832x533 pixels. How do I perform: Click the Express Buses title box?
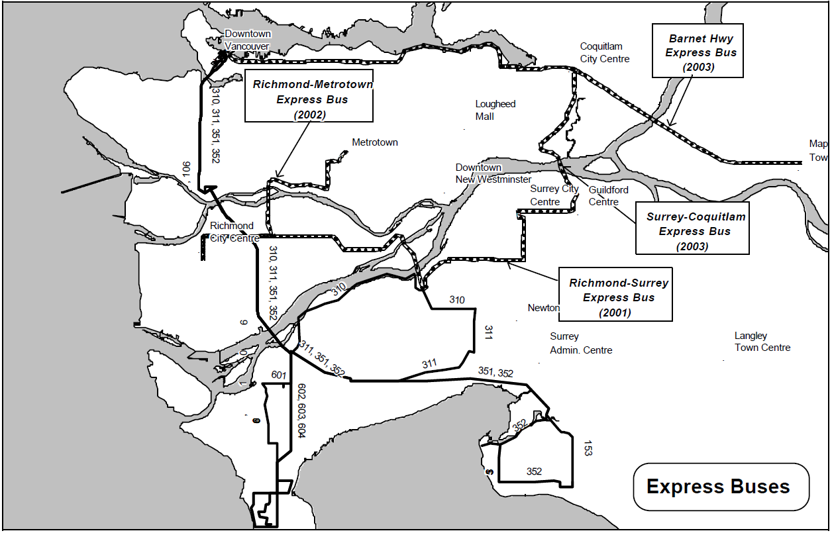click(x=721, y=487)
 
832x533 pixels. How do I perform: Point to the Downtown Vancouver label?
click(x=247, y=40)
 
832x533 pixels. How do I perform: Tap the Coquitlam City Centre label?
click(x=604, y=52)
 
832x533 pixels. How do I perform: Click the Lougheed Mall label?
click(x=495, y=110)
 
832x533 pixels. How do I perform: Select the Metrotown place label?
click(x=374, y=142)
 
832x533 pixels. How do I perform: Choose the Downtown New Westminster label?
click(x=493, y=173)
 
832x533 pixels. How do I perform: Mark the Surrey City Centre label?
click(x=554, y=195)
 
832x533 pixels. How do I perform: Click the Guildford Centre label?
click(x=608, y=196)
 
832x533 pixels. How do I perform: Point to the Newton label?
click(x=543, y=308)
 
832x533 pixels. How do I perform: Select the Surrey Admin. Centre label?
click(x=580, y=343)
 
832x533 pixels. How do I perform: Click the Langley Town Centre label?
click(x=762, y=342)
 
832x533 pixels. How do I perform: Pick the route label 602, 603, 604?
click(x=301, y=411)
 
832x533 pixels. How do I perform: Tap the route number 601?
click(x=278, y=375)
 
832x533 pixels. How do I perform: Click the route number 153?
click(x=588, y=448)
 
